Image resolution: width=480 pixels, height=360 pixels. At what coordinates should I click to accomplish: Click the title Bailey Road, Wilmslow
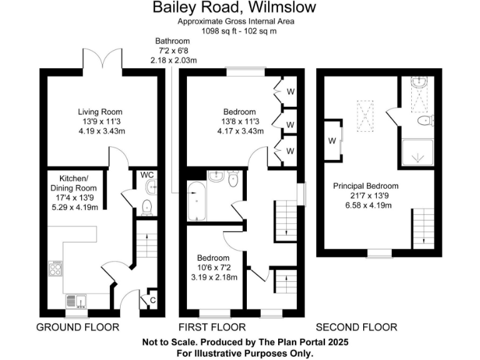point(235,8)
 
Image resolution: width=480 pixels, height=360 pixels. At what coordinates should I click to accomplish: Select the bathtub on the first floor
point(197,201)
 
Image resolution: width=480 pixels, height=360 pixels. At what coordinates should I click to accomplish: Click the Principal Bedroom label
point(366,186)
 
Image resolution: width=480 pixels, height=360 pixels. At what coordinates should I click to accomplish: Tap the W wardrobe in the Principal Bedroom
point(331,139)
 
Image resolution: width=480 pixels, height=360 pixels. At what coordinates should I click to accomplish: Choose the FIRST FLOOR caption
point(212,327)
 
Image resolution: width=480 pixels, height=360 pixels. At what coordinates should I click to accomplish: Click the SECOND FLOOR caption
point(356,327)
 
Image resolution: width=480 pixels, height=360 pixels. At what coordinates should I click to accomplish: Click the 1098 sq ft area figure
point(217,30)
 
